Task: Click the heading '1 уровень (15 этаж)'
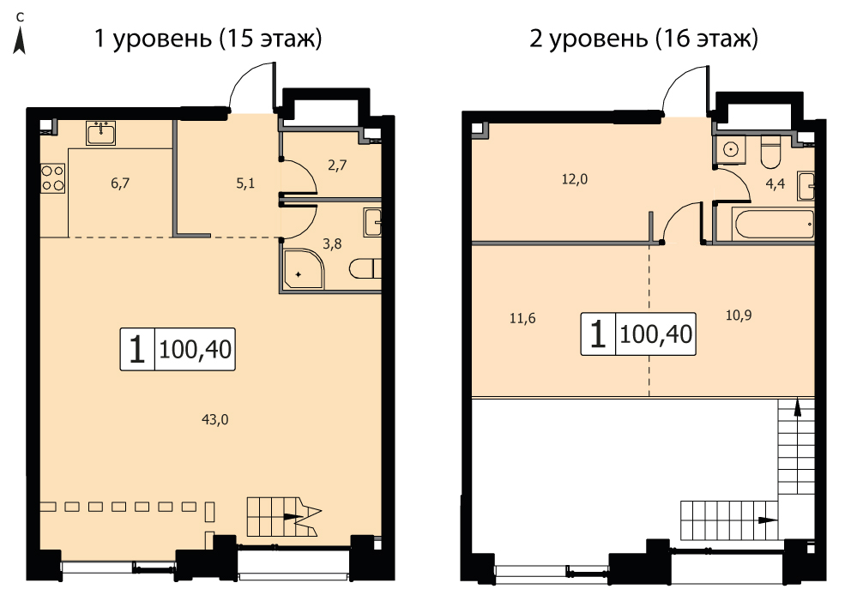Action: (208, 39)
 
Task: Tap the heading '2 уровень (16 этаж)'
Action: (643, 39)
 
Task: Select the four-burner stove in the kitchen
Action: (52, 178)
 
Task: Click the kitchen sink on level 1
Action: (100, 133)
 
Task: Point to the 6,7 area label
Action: (120, 183)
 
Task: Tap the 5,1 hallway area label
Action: (245, 183)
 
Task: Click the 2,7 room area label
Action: (337, 165)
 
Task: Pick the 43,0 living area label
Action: (215, 419)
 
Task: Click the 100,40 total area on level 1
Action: (196, 350)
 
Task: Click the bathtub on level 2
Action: (773, 223)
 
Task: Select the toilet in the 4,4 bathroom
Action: (770, 152)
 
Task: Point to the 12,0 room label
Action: (575, 179)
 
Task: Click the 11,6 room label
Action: (522, 318)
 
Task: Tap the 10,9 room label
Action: (739, 316)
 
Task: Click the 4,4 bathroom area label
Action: (775, 183)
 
